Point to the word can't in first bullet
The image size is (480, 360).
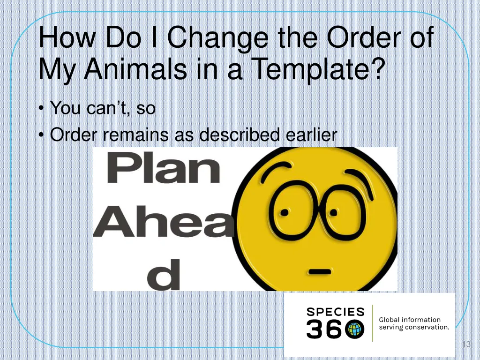pos(110,108)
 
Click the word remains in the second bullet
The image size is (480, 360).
pos(136,135)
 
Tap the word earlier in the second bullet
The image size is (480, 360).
pos(311,135)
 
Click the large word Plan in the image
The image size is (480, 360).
pos(163,169)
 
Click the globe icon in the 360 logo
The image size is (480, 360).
pos(355,329)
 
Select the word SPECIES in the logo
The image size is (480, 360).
pos(335,311)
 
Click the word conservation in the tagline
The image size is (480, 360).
pos(426,327)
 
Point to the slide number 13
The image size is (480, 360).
pos(465,345)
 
